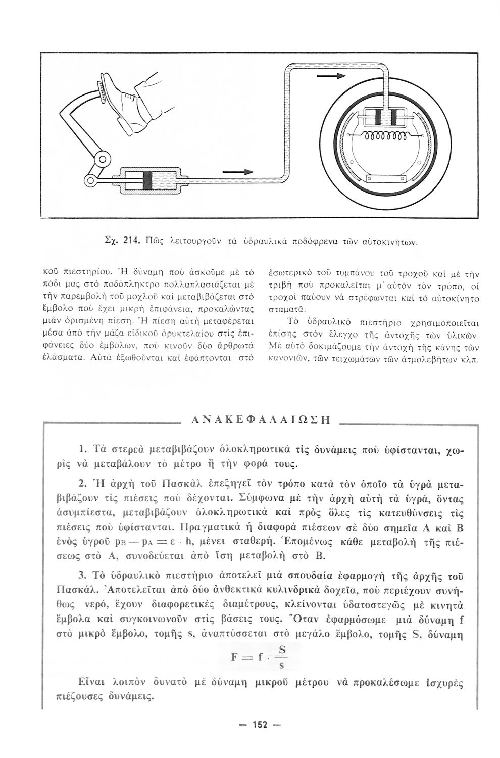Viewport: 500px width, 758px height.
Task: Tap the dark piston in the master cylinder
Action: click(x=147, y=181)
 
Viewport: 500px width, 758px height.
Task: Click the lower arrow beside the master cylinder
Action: click(x=237, y=173)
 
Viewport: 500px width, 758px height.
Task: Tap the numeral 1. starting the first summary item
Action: click(x=84, y=448)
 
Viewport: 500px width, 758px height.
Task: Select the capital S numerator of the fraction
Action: click(x=282, y=650)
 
